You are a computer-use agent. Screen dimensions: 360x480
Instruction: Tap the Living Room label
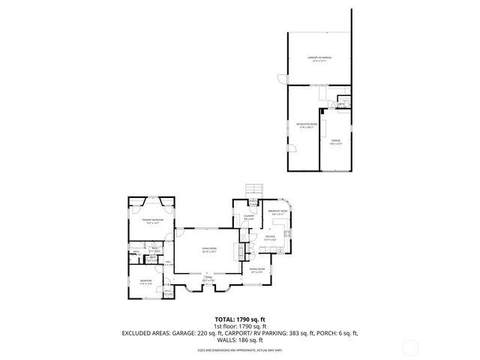(208, 250)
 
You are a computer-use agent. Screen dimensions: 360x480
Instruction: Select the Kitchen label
(270, 238)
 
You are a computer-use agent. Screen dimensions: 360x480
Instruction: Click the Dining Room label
(256, 271)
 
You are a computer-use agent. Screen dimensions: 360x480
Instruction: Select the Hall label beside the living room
(169, 261)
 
